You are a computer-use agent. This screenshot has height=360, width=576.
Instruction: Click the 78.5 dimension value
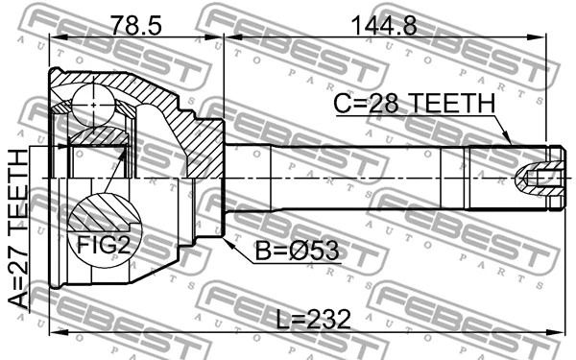(136, 25)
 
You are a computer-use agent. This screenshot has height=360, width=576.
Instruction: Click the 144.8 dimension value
(384, 25)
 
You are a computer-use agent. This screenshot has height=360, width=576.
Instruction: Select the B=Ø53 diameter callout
(297, 251)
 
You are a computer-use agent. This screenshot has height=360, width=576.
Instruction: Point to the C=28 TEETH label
(415, 103)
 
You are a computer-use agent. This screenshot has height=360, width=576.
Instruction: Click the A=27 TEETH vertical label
(18, 228)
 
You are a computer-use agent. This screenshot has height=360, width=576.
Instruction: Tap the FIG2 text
(105, 245)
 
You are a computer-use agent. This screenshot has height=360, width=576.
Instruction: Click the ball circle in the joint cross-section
(94, 105)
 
